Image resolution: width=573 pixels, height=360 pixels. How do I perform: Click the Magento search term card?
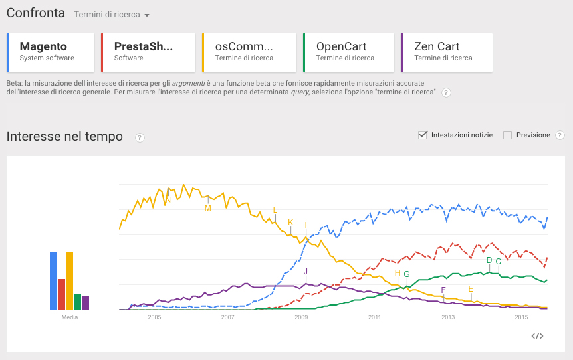point(51,52)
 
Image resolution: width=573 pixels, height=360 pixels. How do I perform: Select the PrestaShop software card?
point(148,52)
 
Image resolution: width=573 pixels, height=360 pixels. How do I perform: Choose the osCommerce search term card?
point(249,52)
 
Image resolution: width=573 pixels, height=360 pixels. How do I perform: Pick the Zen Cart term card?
point(447,52)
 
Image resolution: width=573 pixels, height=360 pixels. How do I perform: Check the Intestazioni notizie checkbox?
point(422,135)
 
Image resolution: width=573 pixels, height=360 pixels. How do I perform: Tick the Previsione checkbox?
point(507,135)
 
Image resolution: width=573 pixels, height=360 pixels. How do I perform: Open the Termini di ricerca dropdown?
point(112,15)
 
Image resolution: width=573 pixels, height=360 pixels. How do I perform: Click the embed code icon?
point(538,336)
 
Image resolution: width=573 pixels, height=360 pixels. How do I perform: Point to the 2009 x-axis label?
point(301,317)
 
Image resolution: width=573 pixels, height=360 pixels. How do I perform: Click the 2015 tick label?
point(521,317)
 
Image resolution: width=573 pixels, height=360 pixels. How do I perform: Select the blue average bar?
point(53,280)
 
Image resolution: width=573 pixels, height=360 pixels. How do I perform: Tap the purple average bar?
point(85,303)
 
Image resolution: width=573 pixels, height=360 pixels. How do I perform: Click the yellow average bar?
point(69,280)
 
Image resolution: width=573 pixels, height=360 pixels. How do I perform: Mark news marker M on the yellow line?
point(208,207)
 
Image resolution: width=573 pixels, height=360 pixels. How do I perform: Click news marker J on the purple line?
point(306,272)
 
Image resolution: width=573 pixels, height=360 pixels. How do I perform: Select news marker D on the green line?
point(489,260)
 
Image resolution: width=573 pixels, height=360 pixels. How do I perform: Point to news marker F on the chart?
point(443,290)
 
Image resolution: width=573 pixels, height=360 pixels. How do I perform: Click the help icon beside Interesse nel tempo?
point(140,137)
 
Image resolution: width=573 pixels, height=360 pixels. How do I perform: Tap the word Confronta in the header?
point(36,13)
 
